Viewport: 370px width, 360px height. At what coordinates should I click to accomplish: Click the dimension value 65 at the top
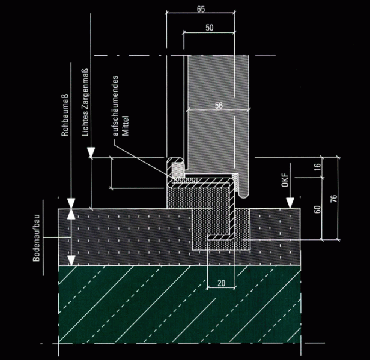click(x=201, y=8)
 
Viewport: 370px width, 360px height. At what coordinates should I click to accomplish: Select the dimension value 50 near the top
click(x=209, y=28)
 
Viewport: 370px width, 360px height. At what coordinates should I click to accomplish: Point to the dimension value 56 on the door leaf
click(x=218, y=105)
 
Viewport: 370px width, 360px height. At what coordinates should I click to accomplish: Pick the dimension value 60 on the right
click(x=318, y=209)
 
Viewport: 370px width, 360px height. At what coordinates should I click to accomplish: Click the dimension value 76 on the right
click(x=333, y=198)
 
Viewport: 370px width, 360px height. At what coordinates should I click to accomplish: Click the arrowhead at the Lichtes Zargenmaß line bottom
click(x=91, y=154)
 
